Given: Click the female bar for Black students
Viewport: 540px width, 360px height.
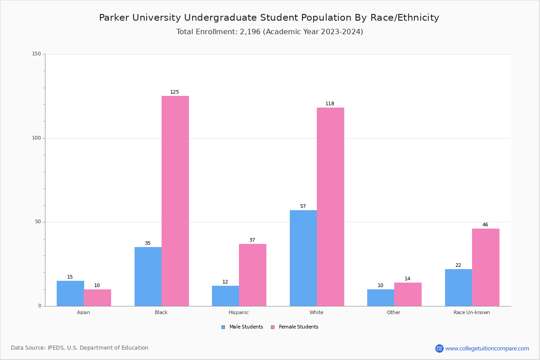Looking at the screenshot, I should pyautogui.click(x=175, y=201).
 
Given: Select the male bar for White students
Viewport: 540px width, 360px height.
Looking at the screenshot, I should pyautogui.click(x=303, y=258).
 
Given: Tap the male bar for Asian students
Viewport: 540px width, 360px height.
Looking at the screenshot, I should pyautogui.click(x=70, y=293).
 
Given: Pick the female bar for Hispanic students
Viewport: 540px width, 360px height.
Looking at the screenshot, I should pyautogui.click(x=252, y=275).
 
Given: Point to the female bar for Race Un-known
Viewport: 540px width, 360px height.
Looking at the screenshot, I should pyautogui.click(x=486, y=267).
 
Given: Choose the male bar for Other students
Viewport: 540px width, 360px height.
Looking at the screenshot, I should pyautogui.click(x=380, y=297).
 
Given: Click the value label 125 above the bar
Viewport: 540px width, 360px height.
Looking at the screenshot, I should pyautogui.click(x=175, y=92).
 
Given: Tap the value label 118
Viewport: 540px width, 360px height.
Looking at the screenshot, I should pyautogui.click(x=330, y=104).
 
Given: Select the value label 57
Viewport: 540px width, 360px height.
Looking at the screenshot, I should pyautogui.click(x=303, y=207).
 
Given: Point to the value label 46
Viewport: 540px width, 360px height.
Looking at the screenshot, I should pyautogui.click(x=485, y=225).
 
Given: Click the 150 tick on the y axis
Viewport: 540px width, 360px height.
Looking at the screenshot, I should pyautogui.click(x=36, y=54).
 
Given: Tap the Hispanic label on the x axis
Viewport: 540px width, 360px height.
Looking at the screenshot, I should pyautogui.click(x=238, y=312).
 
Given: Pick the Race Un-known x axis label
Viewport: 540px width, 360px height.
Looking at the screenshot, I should pyautogui.click(x=472, y=312).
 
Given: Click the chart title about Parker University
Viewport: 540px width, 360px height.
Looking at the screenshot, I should pyautogui.click(x=269, y=18).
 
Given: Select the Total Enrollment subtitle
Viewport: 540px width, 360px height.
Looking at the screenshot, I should pyautogui.click(x=270, y=32).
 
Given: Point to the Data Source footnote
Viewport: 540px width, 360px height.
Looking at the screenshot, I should pyautogui.click(x=80, y=348).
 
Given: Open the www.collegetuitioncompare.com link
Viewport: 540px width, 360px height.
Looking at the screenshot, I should pyautogui.click(x=487, y=348).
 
